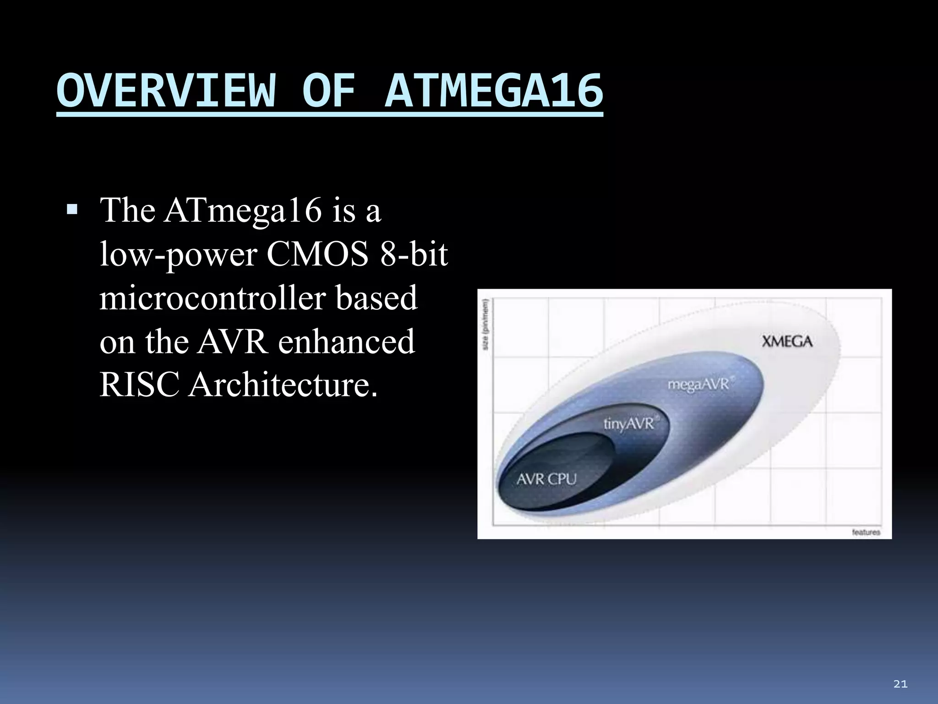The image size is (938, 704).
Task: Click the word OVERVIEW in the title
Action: (x=166, y=91)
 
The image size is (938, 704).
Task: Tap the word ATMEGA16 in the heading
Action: (x=494, y=91)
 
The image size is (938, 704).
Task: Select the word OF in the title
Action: (x=329, y=91)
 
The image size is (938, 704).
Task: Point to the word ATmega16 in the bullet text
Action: (x=243, y=211)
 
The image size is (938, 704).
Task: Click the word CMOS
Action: (x=317, y=254)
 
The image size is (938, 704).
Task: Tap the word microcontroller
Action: (x=213, y=298)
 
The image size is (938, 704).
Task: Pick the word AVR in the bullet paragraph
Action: (x=232, y=341)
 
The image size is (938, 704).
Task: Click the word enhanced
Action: (x=346, y=341)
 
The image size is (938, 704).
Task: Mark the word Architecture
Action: (x=283, y=385)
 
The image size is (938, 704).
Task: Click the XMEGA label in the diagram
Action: (x=787, y=341)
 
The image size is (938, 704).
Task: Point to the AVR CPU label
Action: (x=546, y=479)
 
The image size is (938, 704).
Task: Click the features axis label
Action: (x=866, y=532)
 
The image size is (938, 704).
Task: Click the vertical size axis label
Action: (x=486, y=324)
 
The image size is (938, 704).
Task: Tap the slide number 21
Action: (x=900, y=684)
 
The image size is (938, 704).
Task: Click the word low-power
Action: (x=178, y=254)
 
